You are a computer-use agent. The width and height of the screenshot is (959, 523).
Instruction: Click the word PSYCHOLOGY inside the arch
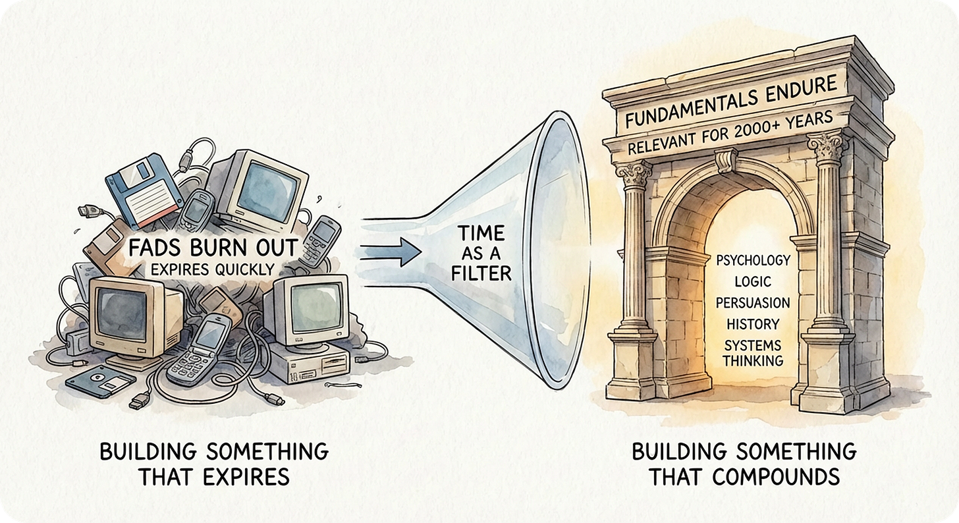click(x=753, y=260)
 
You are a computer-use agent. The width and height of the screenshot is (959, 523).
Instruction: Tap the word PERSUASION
click(x=753, y=302)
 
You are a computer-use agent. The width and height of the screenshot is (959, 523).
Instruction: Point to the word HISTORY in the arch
click(x=753, y=323)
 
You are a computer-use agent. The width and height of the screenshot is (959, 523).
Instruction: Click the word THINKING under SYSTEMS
click(x=753, y=360)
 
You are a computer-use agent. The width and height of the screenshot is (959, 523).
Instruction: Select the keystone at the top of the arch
click(x=727, y=160)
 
